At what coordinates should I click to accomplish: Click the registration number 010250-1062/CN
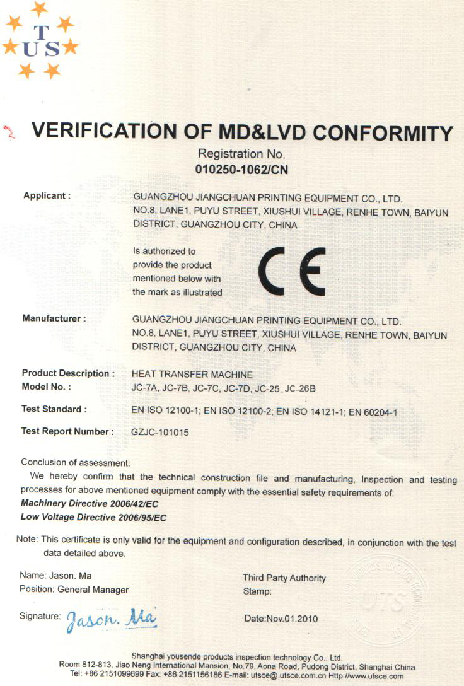pos(243,169)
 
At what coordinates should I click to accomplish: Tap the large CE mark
pos(292,271)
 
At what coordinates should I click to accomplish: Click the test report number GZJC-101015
pos(160,433)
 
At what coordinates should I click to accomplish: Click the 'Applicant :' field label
pos(47,196)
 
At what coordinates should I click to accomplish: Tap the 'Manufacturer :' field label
pos(54,319)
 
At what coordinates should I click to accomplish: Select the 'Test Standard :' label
pos(54,410)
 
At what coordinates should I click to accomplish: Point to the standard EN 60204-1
pos(373,412)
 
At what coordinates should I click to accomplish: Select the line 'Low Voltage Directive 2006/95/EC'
pos(93,518)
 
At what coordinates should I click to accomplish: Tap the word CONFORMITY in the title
pos(383,134)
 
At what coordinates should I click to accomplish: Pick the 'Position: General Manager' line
pos(74,590)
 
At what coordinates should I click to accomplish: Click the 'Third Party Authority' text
pos(284,578)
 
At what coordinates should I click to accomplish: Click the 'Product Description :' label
pos(68,374)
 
